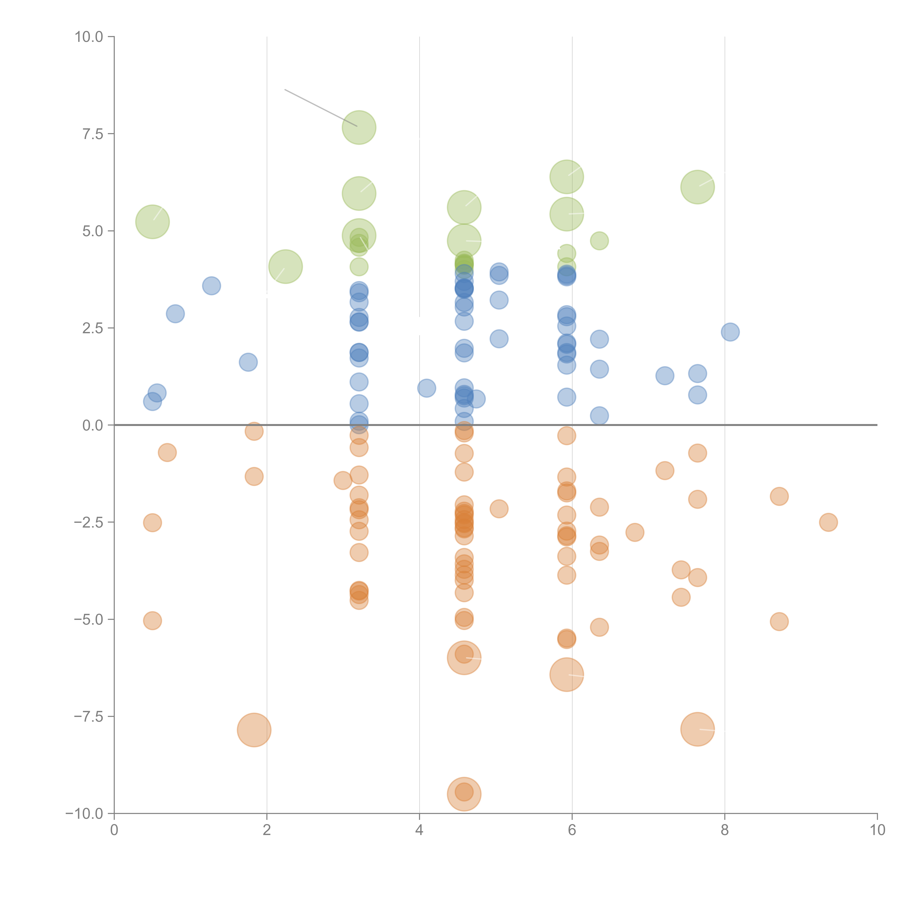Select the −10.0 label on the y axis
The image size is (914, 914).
[x=84, y=814]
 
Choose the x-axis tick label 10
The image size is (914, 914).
[x=877, y=830]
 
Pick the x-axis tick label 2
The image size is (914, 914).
[x=267, y=830]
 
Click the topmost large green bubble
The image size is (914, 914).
[x=359, y=127]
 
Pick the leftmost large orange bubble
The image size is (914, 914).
[x=254, y=730]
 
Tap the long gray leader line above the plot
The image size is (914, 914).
[x=321, y=108]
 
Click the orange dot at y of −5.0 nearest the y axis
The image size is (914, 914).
[x=152, y=621]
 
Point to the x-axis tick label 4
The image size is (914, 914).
[x=419, y=830]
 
